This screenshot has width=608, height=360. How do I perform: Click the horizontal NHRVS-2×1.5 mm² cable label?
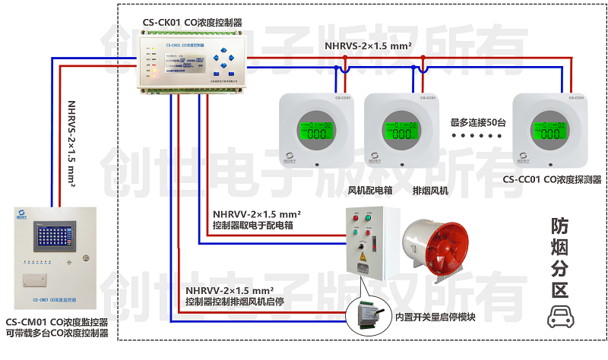369,46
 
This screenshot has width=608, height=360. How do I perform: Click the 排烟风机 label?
430,190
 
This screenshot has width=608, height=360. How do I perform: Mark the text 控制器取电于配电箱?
253,226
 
